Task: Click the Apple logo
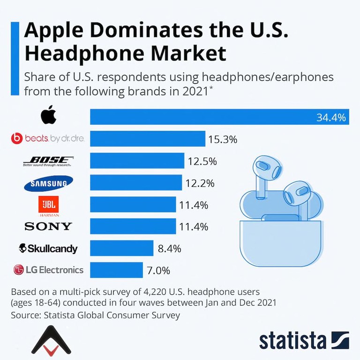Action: (x=48, y=115)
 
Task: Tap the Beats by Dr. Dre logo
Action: (x=48, y=138)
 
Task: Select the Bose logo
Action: (x=48, y=161)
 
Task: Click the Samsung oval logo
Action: (x=48, y=184)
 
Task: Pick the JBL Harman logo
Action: (x=48, y=205)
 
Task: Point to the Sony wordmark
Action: (x=48, y=227)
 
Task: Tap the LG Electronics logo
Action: (x=48, y=270)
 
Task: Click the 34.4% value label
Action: (x=331, y=117)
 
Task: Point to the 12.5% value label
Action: (x=202, y=162)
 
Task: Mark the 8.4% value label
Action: (x=169, y=249)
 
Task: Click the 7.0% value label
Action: (x=159, y=270)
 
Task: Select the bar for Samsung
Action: (x=136, y=183)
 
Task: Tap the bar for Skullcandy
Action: (x=121, y=248)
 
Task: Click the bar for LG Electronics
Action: (x=116, y=270)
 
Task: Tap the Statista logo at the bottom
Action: (x=304, y=340)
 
